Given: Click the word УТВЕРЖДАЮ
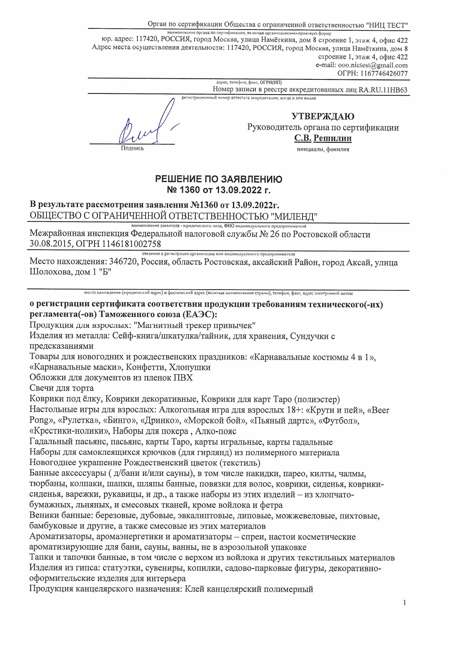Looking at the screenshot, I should click(323, 116).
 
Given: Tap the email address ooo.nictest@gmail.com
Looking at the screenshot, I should click(373, 65).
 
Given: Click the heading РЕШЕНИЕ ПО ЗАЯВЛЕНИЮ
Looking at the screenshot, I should click(219, 180).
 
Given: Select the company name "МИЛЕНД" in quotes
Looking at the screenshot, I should click(294, 216).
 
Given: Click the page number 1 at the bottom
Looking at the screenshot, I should click(404, 603).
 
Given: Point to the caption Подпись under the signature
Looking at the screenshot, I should click(132, 149).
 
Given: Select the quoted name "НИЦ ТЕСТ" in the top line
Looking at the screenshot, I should click(387, 25).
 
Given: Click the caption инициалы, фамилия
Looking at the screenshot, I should click(323, 149).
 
